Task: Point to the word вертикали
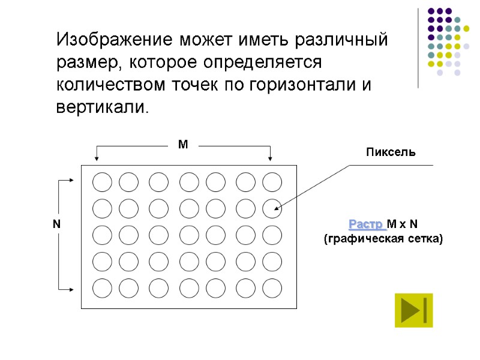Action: point(100,107)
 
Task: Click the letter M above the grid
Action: point(183,145)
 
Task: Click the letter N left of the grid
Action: point(56,224)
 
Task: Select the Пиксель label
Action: point(391,153)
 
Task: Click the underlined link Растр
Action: point(365,224)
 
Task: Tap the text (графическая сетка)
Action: point(383,239)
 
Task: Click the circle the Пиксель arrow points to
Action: point(272,208)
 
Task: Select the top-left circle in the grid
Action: point(102,182)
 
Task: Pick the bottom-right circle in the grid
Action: point(272,288)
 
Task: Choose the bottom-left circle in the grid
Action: point(102,288)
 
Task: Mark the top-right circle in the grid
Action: point(272,182)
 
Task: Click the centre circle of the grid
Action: point(189,235)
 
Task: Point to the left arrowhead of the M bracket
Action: point(97,158)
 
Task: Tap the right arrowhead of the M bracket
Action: point(271,158)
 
